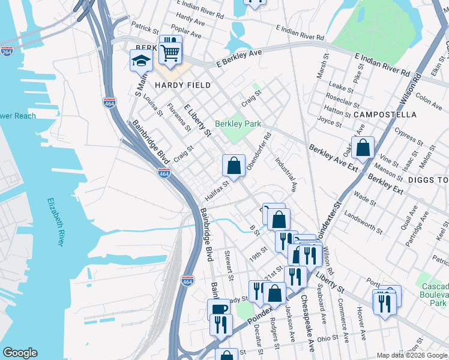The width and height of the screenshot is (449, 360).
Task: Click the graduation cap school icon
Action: click(141, 61)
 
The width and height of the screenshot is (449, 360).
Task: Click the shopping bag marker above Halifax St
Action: click(234, 165)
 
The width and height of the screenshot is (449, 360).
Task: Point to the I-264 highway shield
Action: click(7, 52)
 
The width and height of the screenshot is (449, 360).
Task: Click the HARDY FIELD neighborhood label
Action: click(183, 85)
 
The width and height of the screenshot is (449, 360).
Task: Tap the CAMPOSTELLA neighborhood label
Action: click(385, 114)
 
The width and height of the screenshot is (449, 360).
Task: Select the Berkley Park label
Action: click(237, 124)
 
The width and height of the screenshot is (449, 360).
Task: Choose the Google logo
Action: click(20, 353)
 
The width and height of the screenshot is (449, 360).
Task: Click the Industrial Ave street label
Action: click(286, 175)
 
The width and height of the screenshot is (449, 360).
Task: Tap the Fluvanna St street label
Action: click(179, 118)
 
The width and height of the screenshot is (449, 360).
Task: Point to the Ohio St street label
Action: click(328, 338)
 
